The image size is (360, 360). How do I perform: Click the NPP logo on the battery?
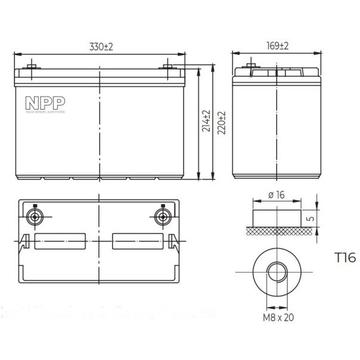[39, 100]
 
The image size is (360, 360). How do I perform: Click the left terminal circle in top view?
[34, 216]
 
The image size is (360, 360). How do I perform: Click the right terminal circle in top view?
[162, 216]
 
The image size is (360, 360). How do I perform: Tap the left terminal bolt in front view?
[31, 64]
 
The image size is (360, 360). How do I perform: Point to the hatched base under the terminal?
[277, 230]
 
